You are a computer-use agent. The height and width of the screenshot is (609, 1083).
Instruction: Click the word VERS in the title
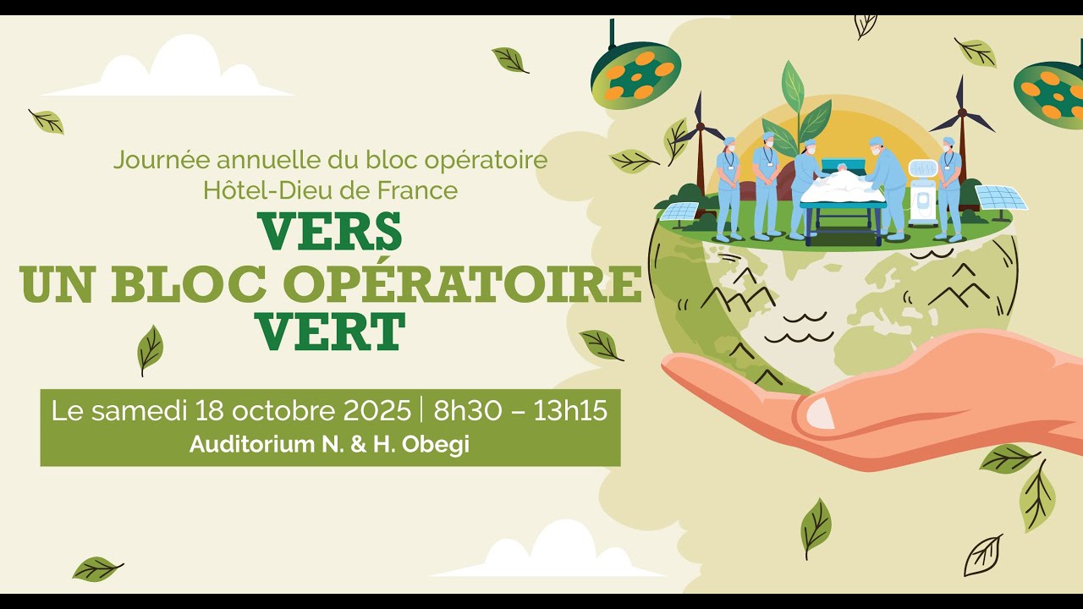(x=330, y=232)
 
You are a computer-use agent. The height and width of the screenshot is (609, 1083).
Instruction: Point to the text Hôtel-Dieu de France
(x=330, y=190)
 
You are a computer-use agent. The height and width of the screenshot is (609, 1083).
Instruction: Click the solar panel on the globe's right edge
(x=1000, y=198)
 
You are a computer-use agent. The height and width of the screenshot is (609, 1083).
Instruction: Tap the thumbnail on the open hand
(x=819, y=414)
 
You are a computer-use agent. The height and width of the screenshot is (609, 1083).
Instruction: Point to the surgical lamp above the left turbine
(x=635, y=74)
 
